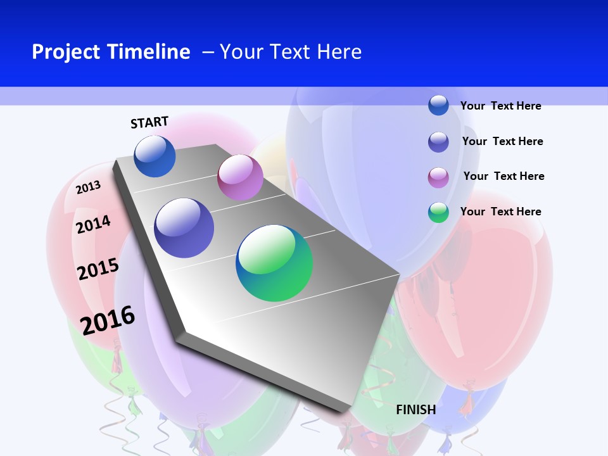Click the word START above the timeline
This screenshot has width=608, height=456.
(x=149, y=122)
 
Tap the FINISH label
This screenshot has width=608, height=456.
(x=416, y=410)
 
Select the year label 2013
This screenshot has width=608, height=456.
(x=88, y=187)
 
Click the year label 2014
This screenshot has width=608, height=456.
(x=93, y=224)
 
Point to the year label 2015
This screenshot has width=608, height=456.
(x=98, y=269)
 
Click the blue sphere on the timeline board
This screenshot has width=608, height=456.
(x=155, y=156)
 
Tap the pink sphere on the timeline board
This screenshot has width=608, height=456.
(x=240, y=177)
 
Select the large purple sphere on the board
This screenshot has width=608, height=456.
(x=184, y=228)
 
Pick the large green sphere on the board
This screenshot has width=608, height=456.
(x=274, y=263)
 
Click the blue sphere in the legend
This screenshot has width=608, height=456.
(x=438, y=105)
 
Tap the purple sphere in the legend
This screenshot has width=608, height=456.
(x=438, y=142)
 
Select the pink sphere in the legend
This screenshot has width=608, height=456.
(x=438, y=177)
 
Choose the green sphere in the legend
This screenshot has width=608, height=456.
(x=438, y=212)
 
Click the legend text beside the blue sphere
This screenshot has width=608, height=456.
(x=500, y=106)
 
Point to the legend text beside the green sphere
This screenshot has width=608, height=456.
(x=500, y=212)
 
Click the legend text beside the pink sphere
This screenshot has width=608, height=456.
(x=503, y=176)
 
